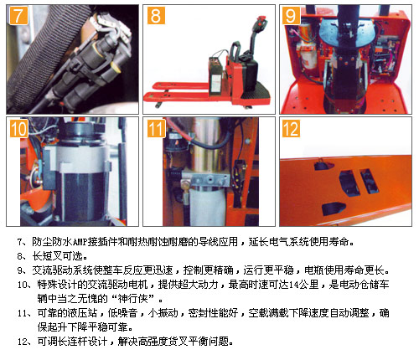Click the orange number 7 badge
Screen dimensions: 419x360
(18, 16)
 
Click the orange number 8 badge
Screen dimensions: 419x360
(156, 16)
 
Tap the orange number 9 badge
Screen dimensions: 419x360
(291, 16)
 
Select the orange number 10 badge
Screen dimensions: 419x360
(18, 128)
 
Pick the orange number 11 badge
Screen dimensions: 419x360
(156, 128)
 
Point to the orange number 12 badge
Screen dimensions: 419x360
(291, 128)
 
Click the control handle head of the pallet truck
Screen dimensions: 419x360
(261, 23)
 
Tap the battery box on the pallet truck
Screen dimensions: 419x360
(217, 75)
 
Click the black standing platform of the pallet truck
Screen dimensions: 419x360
(256, 91)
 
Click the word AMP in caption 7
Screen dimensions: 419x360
(80, 242)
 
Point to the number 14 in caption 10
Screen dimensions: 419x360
(293, 285)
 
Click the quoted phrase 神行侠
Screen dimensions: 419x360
(132, 299)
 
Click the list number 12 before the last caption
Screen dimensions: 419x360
(23, 342)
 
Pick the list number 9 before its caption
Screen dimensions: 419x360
(19, 270)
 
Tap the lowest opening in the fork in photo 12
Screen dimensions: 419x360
(334, 208)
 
